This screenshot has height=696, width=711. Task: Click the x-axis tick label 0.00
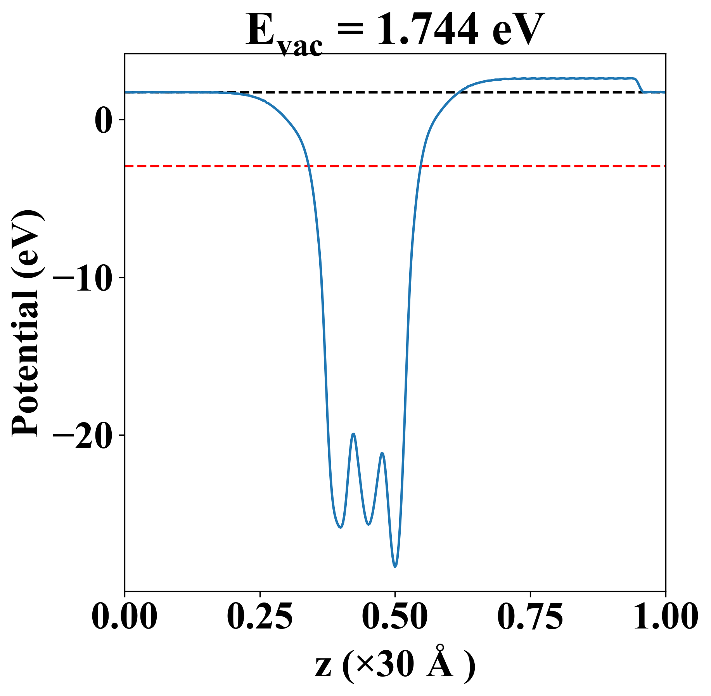125,617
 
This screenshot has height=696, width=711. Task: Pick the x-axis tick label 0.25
259,617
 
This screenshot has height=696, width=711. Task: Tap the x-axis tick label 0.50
395,617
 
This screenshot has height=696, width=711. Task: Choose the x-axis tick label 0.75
530,617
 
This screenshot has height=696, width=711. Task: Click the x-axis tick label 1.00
665,617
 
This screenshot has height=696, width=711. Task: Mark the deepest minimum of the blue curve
395,567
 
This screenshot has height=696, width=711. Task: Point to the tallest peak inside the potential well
353,434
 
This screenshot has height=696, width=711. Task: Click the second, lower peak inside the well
382,453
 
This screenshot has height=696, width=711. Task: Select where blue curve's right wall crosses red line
420,166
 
